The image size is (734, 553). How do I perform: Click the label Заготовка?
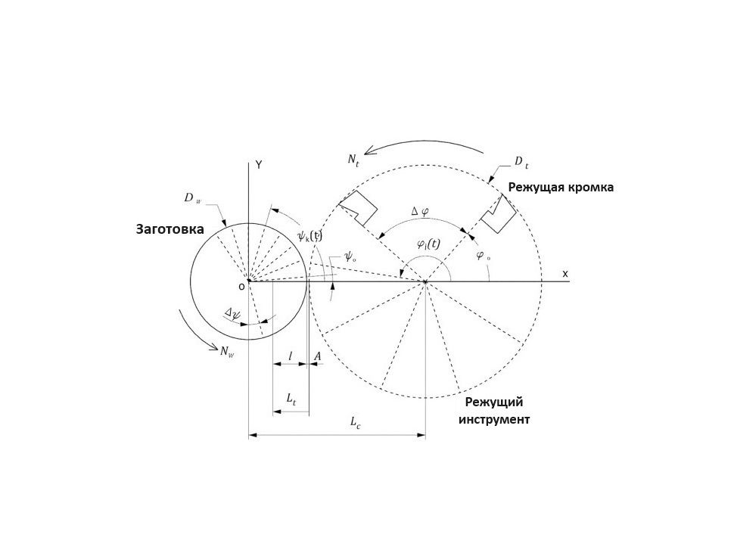(x=170, y=229)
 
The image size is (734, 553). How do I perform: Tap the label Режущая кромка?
(x=561, y=188)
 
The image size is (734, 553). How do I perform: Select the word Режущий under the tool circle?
(x=494, y=402)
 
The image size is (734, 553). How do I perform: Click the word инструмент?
(x=494, y=419)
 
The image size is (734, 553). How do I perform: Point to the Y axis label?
(x=258, y=165)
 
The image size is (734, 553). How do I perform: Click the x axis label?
(x=565, y=274)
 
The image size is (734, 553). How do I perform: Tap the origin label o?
(x=241, y=286)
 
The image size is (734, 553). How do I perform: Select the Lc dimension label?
(x=356, y=422)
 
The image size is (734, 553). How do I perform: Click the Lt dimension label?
(x=291, y=399)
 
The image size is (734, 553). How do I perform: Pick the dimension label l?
(x=291, y=356)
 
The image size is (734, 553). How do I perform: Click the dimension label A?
(x=317, y=357)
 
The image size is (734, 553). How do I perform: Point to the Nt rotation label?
(x=353, y=160)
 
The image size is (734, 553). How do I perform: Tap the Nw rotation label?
(x=227, y=351)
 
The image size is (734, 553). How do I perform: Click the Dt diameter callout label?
(x=521, y=163)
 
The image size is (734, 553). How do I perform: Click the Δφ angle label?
(x=419, y=212)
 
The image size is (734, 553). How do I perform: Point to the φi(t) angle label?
(x=428, y=244)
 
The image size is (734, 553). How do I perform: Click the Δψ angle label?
(x=232, y=312)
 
